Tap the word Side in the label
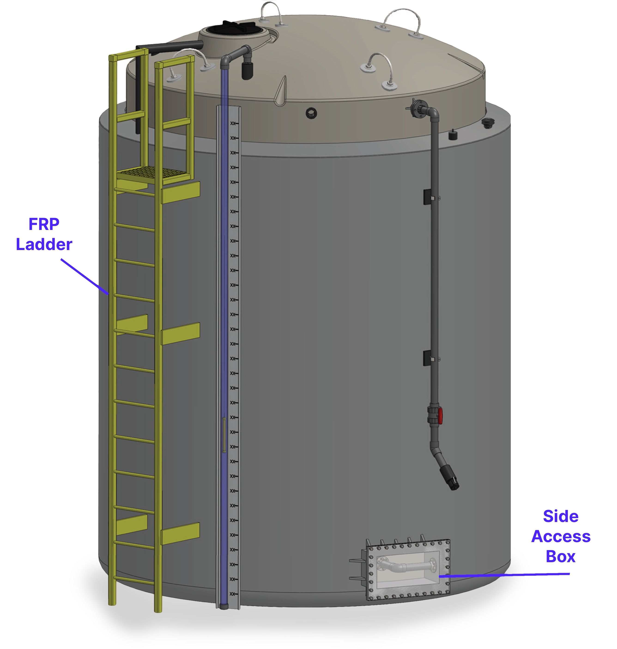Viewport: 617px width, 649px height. [x=561, y=516]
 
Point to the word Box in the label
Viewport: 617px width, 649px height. [x=561, y=557]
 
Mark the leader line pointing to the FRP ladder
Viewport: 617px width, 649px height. [x=85, y=277]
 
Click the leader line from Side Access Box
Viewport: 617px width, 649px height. [x=504, y=575]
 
